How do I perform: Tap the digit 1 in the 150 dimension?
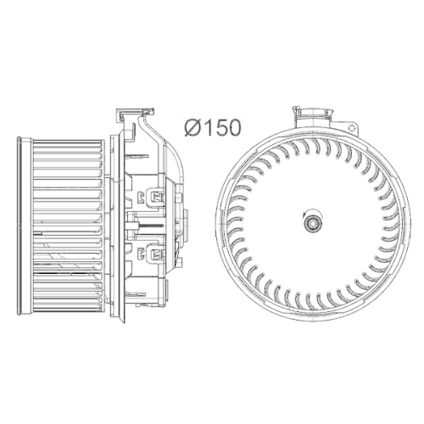(209, 128)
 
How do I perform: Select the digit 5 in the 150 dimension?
(220, 128)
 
